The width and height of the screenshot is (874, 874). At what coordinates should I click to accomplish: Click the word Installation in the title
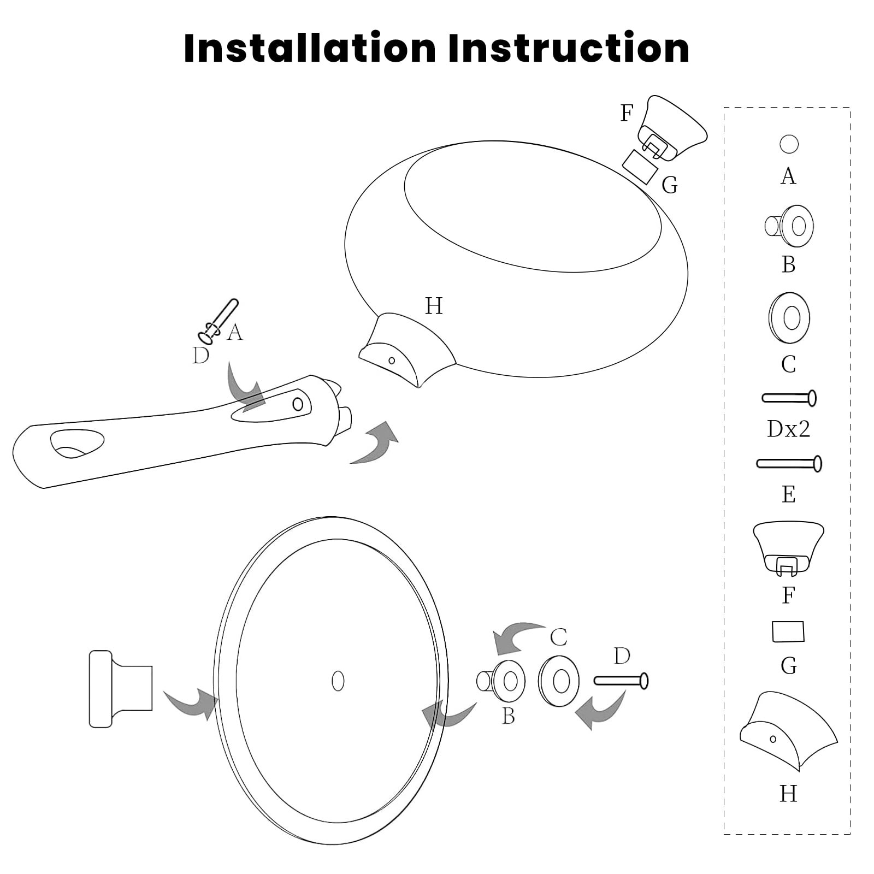pos(310,48)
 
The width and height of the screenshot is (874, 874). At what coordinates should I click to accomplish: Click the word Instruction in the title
pos(569,48)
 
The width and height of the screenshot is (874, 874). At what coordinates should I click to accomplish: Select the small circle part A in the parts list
pos(789,144)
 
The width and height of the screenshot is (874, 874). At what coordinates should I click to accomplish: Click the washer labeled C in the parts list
pos(789,318)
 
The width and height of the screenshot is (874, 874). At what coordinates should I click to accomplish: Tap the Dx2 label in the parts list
pos(788,429)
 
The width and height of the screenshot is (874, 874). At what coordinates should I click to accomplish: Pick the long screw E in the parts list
pos(789,463)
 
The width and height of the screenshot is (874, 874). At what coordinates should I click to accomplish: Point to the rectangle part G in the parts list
pos(788,631)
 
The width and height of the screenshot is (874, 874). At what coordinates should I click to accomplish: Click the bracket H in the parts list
pos(788,731)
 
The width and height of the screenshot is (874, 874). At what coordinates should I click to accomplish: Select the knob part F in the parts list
pos(788,548)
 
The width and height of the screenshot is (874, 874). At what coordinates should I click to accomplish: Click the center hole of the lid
pos(338,681)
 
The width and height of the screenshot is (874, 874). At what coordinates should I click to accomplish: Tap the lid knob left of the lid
pos(121,688)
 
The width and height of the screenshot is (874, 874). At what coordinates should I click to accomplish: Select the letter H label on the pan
pos(434,306)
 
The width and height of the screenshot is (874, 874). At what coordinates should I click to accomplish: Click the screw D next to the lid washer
pos(621,681)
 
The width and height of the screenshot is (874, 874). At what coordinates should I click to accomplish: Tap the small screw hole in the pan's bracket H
pos(392,361)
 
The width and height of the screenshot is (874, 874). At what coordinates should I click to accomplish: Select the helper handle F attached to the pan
pos(672,127)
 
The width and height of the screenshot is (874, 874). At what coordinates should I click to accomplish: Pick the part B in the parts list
pos(789,226)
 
